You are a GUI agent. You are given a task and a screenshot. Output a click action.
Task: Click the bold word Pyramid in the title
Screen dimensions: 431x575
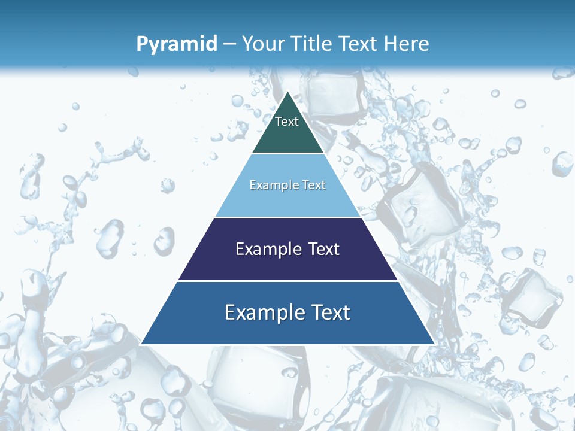pyautogui.click(x=177, y=44)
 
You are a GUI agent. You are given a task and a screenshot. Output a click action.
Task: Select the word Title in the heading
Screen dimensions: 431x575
pyautogui.click(x=313, y=44)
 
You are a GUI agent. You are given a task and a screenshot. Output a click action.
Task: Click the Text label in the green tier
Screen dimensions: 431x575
pyautogui.click(x=287, y=122)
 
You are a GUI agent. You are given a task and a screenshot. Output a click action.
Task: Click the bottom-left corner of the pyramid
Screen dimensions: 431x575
pyautogui.click(x=141, y=344)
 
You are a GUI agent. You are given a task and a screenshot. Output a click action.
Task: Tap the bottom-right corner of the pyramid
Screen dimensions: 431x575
pyautogui.click(x=434, y=344)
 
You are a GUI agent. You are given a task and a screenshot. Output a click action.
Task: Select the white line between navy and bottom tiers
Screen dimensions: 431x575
pyautogui.click(x=287, y=281)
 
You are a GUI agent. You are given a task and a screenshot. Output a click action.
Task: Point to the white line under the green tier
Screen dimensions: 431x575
pyautogui.click(x=287, y=154)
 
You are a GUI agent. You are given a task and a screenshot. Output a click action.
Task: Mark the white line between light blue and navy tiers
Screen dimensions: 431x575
pyautogui.click(x=287, y=217)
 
